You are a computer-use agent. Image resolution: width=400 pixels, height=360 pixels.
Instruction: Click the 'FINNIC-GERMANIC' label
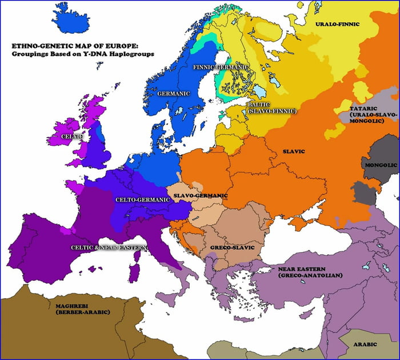coord(221,67)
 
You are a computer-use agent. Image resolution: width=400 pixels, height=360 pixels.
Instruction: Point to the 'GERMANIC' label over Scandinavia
coord(173,94)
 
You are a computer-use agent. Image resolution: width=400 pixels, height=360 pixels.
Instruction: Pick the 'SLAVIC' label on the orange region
coord(294,151)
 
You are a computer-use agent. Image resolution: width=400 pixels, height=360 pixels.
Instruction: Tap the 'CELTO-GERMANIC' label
coord(142,199)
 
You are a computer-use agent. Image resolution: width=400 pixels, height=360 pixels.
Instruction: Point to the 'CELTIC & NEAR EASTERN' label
coord(109,247)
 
